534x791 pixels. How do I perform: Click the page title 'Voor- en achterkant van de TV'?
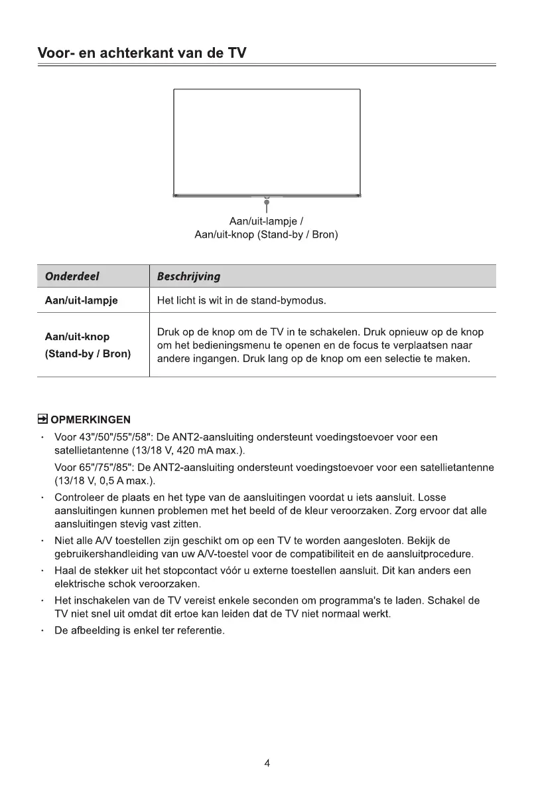142,53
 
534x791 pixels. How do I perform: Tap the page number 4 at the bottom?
267,763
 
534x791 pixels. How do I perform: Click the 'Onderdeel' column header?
72,276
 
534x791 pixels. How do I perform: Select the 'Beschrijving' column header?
189,276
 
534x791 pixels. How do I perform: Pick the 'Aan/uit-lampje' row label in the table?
81,300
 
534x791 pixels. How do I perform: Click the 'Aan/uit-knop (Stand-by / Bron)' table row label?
88,345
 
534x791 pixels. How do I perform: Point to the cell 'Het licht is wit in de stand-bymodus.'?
241,300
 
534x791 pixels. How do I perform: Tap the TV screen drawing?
267,141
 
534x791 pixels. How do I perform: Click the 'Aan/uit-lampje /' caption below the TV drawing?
267,221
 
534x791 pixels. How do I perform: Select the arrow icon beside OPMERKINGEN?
42,419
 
